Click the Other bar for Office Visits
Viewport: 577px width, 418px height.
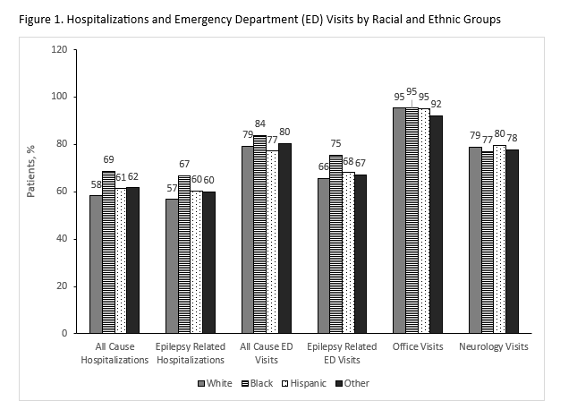pyautogui.click(x=436, y=224)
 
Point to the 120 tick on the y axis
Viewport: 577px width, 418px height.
pyautogui.click(x=59, y=49)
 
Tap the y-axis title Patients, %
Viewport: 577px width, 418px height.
pyautogui.click(x=31, y=167)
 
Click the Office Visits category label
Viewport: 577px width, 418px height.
pyautogui.click(x=417, y=346)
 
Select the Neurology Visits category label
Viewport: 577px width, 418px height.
pyautogui.click(x=493, y=346)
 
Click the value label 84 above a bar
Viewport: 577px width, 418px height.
pyautogui.click(x=259, y=124)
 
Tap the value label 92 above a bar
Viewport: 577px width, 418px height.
pyautogui.click(x=436, y=103)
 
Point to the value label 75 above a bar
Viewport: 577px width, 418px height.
pyautogui.click(x=336, y=143)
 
